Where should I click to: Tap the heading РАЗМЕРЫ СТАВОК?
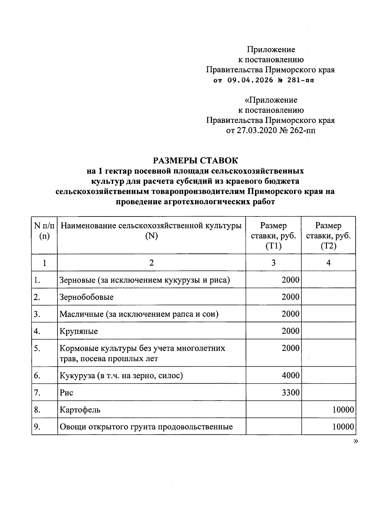click(195, 161)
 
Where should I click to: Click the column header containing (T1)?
click(273, 236)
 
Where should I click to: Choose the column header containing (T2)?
click(328, 236)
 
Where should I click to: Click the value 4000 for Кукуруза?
click(290, 375)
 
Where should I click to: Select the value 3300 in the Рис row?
click(290, 392)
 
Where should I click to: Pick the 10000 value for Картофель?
click(343, 409)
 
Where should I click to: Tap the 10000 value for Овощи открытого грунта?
click(343, 426)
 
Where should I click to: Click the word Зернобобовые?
click(87, 297)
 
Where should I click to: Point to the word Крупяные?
click(78, 331)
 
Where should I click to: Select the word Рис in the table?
click(66, 392)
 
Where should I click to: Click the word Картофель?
click(80, 410)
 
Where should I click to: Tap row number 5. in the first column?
click(37, 348)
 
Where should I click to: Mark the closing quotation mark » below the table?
click(355, 441)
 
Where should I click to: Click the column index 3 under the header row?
click(273, 263)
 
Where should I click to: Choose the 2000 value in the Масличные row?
click(290, 314)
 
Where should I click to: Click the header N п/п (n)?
click(44, 231)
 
